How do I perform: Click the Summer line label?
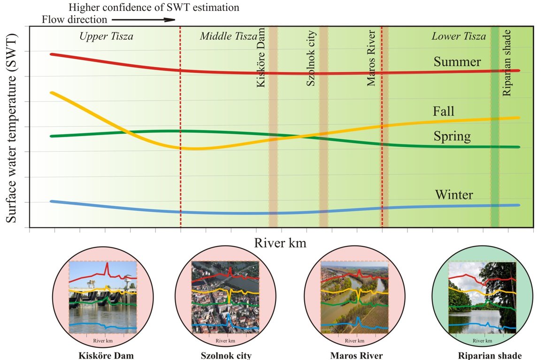click(457, 62)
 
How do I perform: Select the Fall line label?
click(444, 111)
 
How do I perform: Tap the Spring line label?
click(451, 137)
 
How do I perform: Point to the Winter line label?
click(454, 194)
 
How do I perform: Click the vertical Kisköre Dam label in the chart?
click(261, 57)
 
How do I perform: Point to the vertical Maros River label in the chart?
click(371, 58)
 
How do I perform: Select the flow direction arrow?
click(143, 20)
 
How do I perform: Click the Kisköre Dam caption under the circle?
click(106, 355)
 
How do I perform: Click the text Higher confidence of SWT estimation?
click(154, 8)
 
